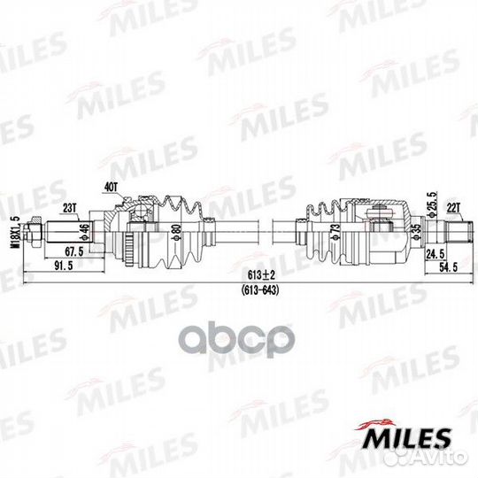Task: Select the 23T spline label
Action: click(x=69, y=207)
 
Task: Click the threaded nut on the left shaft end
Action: click(x=34, y=234)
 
